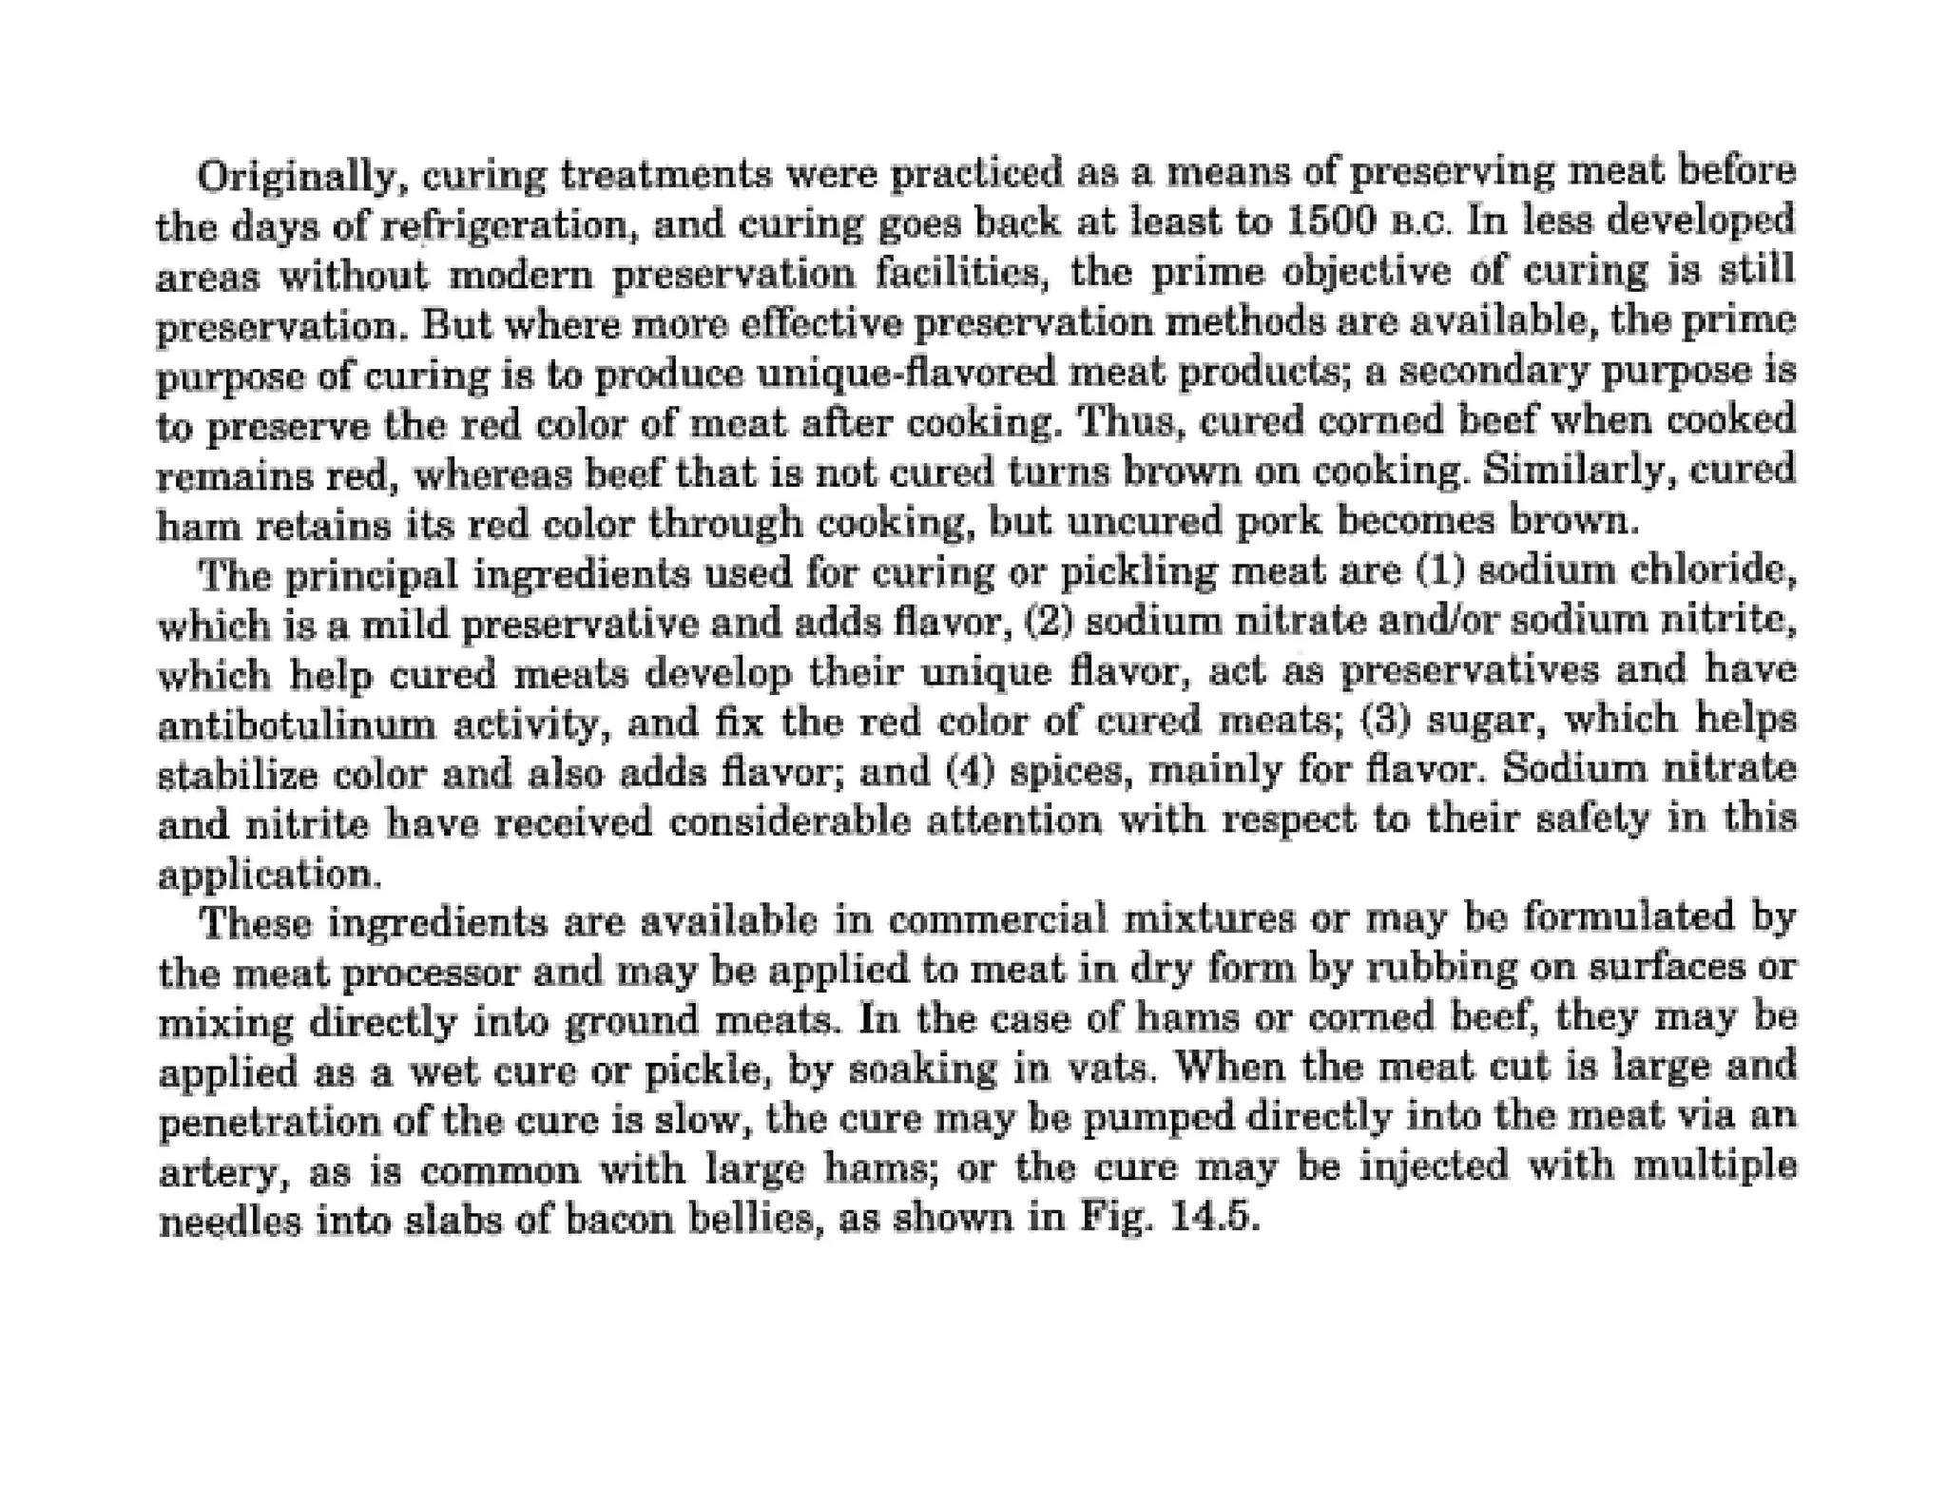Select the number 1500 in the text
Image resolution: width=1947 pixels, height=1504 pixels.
click(1330, 222)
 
